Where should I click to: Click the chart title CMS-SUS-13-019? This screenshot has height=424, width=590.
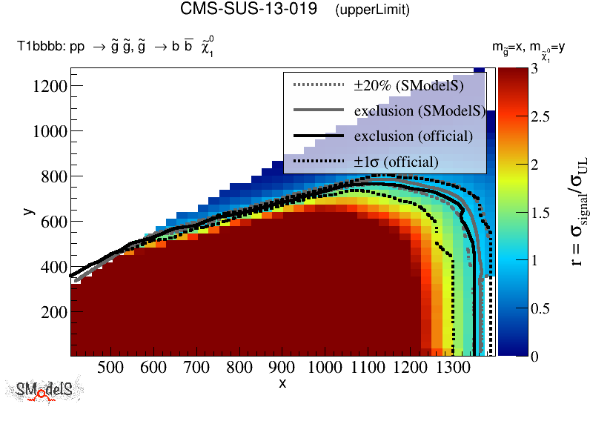coord(253,10)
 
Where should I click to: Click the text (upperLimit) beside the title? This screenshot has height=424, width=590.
coord(372,10)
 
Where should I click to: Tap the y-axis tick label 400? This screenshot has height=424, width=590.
coord(55,267)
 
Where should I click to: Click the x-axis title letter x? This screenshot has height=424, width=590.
coord(282,382)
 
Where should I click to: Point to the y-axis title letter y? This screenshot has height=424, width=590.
coord(28,211)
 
